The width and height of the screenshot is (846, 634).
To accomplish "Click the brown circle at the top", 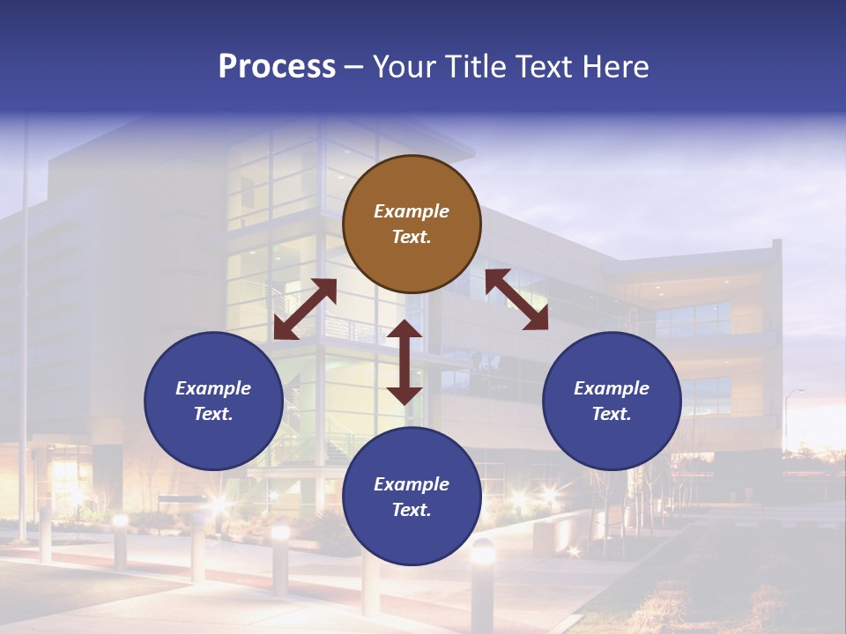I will [x=412, y=225].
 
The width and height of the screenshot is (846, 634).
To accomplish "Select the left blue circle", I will [x=213, y=401].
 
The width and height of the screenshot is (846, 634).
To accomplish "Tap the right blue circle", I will [x=612, y=401].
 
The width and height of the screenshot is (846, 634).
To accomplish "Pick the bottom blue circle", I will [x=412, y=497].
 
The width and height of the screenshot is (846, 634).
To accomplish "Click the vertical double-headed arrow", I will [x=404, y=362].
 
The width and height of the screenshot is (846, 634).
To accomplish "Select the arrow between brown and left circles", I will [x=305, y=309].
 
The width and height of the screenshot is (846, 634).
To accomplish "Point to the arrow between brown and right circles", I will [x=516, y=299].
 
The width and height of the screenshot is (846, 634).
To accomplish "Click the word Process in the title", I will [x=277, y=67].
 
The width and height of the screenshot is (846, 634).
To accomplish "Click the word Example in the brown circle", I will [x=412, y=211].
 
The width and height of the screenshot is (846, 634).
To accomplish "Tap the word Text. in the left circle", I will [x=213, y=414].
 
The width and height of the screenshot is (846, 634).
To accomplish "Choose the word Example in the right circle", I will [x=612, y=388].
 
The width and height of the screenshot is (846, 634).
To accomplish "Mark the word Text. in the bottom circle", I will [x=412, y=510].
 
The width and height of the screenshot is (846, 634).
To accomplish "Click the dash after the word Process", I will [x=354, y=68].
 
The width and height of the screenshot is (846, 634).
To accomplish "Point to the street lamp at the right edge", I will [x=790, y=414].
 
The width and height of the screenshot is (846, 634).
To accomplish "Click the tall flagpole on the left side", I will [x=24, y=335].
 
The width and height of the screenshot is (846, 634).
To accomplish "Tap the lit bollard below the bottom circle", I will [x=482, y=581].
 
